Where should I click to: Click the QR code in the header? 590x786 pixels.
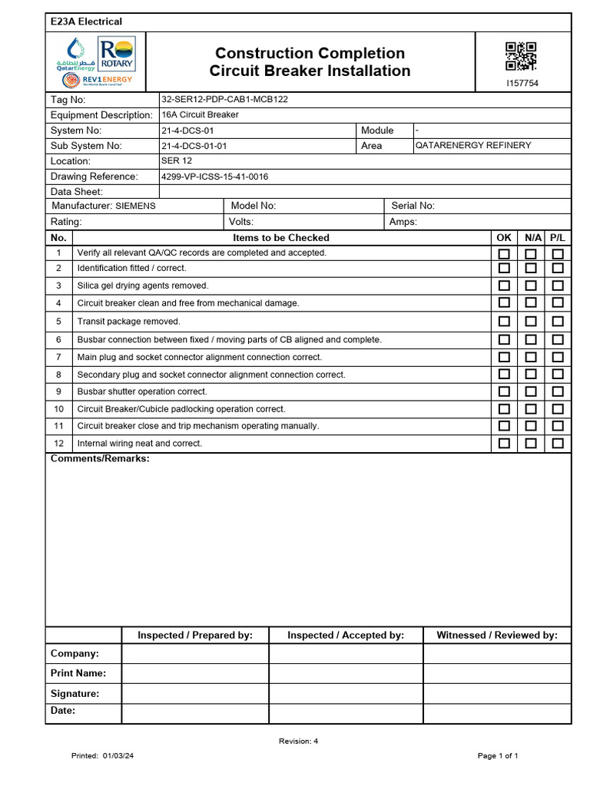[521, 57]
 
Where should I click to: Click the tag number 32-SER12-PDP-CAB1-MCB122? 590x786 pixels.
[224, 100]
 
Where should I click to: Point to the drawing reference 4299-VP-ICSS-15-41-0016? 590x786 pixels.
[214, 177]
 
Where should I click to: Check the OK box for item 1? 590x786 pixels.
[504, 254]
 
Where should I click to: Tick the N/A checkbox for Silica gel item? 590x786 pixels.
[531, 286]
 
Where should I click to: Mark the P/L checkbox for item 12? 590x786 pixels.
[558, 444]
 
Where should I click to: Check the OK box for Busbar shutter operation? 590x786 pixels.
[504, 391]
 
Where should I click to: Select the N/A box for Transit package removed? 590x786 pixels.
[531, 322]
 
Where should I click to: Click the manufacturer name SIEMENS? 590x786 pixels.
[135, 206]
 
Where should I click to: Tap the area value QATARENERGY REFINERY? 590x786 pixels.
[472, 146]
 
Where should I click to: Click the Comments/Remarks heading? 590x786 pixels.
[100, 459]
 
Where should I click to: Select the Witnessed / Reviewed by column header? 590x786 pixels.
[497, 636]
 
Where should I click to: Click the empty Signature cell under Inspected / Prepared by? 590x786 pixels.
[195, 694]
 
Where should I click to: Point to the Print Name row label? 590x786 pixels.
[78, 674]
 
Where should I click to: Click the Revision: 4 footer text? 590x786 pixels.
[298, 741]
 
